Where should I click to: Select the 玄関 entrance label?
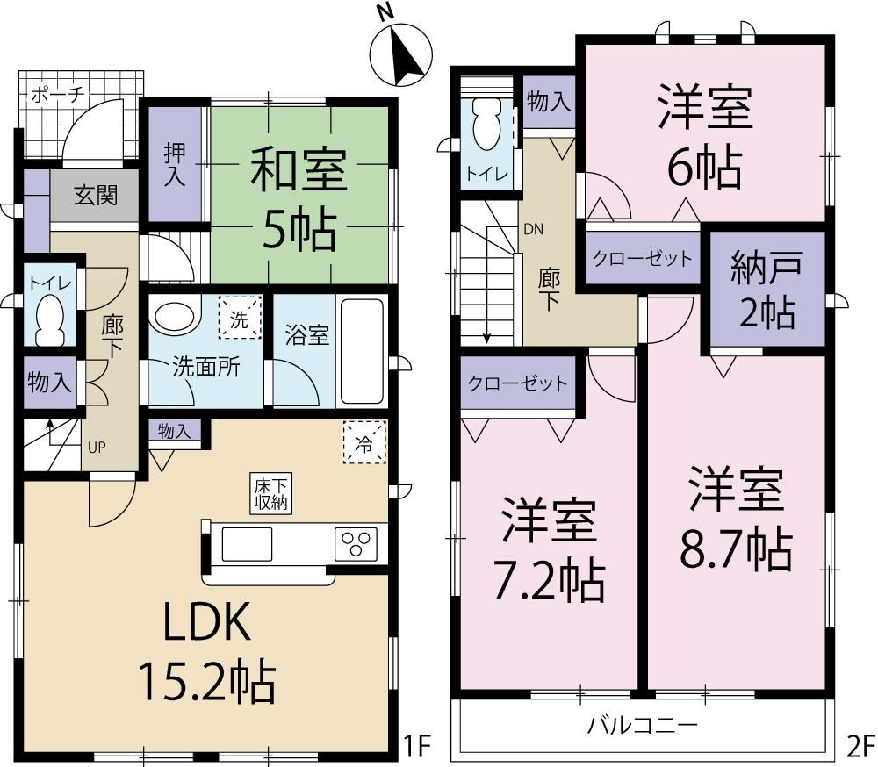95,195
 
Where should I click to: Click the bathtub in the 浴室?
362,351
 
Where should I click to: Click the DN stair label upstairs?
533,230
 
